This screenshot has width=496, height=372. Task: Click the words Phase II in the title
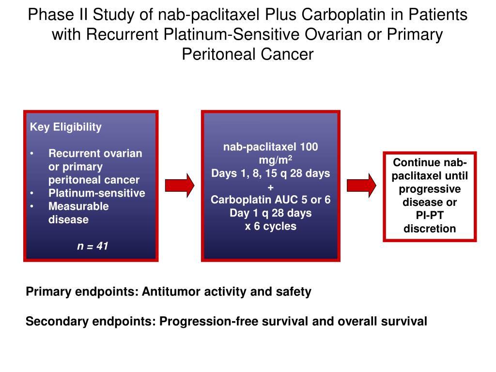pyautogui.click(x=56, y=15)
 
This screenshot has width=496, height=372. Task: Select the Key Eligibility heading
pyautogui.click(x=66, y=127)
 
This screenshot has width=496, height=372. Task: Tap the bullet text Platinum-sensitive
pyautogui.click(x=97, y=193)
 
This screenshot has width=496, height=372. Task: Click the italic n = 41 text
pyautogui.click(x=93, y=246)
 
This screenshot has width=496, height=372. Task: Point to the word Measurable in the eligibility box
pyautogui.click(x=78, y=206)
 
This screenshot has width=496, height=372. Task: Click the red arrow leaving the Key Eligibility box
pyautogui.click(x=180, y=186)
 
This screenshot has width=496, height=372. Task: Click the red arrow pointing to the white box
pyautogui.click(x=361, y=186)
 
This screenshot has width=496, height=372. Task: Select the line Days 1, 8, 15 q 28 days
pyautogui.click(x=270, y=173)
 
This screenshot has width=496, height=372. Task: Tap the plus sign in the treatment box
pyautogui.click(x=270, y=187)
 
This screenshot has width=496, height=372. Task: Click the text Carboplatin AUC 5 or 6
pyautogui.click(x=270, y=200)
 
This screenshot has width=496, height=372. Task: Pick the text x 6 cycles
pyautogui.click(x=270, y=226)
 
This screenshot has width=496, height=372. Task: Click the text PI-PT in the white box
pyautogui.click(x=430, y=216)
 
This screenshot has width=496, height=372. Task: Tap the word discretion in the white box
pyautogui.click(x=430, y=229)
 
